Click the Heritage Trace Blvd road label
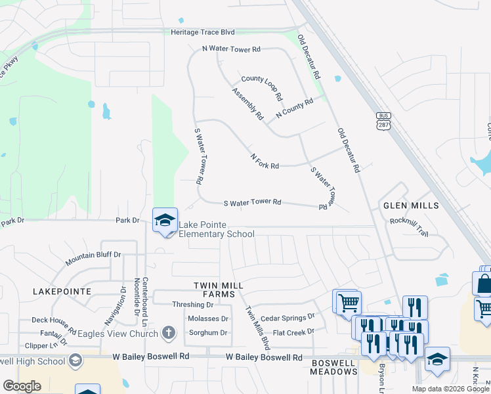(x=202, y=32)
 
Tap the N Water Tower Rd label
(x=231, y=49)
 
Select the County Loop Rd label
(x=261, y=87)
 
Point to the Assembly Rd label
(x=247, y=104)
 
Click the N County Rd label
(x=299, y=106)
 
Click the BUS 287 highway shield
(x=383, y=120)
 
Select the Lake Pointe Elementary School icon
(x=165, y=220)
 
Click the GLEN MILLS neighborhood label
(x=411, y=206)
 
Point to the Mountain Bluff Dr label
(x=93, y=258)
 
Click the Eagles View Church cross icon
(x=169, y=333)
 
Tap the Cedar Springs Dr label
(x=288, y=318)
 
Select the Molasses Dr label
(x=208, y=318)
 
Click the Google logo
(x=22, y=385)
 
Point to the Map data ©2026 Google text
(x=450, y=389)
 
